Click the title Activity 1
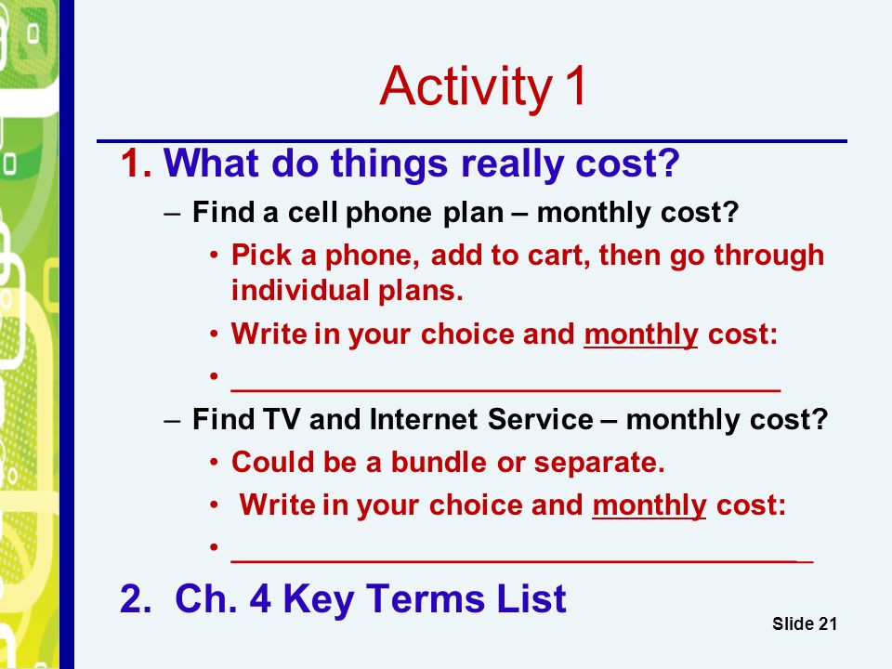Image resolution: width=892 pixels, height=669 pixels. [x=483, y=86]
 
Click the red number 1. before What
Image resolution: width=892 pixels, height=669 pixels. [x=137, y=164]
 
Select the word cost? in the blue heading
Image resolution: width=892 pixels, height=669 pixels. [x=628, y=164]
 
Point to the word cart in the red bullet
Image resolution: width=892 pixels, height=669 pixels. [x=559, y=256]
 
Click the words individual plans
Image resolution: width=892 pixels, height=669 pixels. [x=347, y=291]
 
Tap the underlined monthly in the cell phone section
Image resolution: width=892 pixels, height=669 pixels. [x=641, y=335]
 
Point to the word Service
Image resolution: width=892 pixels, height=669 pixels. [x=541, y=419]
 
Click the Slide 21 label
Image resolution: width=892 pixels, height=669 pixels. [x=805, y=623]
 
